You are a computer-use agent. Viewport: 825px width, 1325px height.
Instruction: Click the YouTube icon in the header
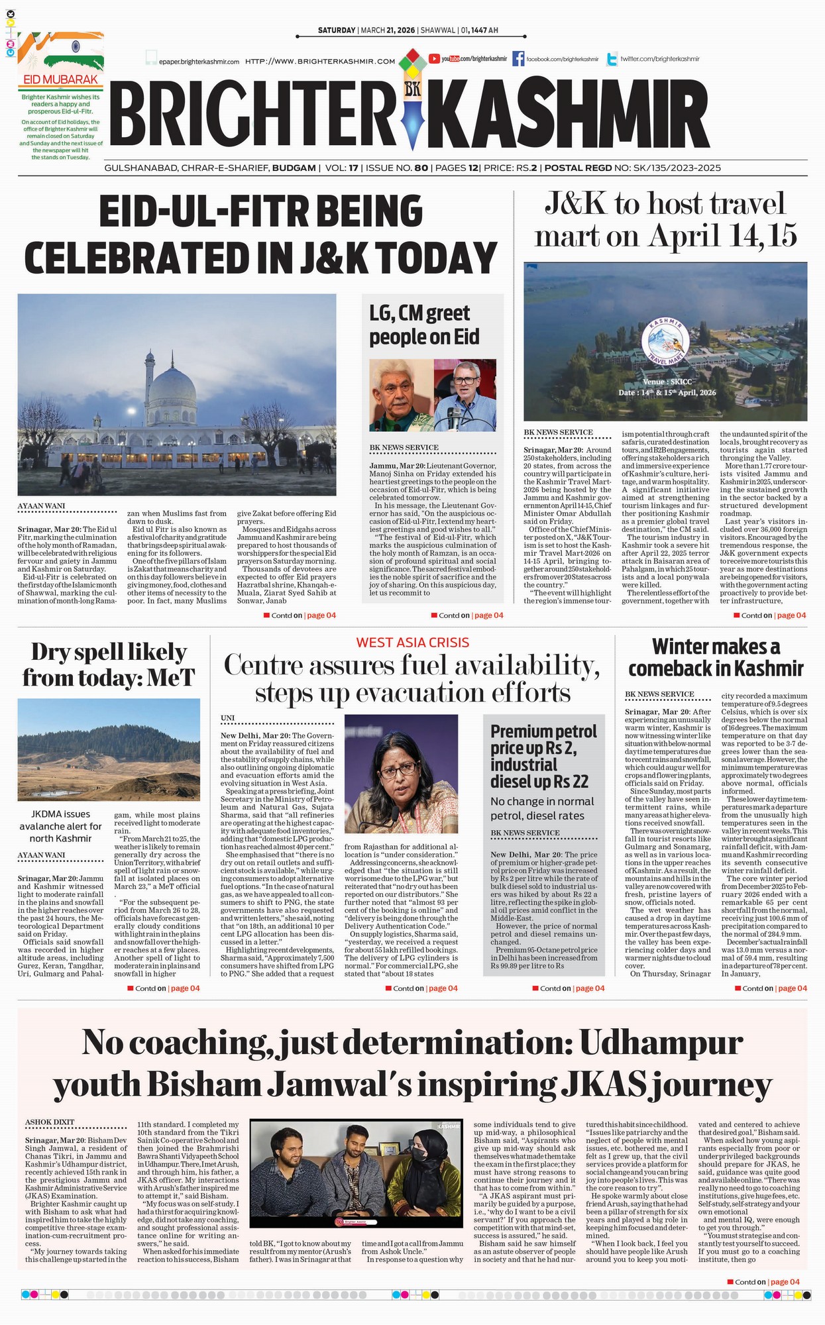[x=435, y=59]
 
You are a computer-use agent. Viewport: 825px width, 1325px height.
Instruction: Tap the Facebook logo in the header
[x=518, y=59]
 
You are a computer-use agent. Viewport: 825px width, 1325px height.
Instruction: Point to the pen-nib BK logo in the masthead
[x=412, y=99]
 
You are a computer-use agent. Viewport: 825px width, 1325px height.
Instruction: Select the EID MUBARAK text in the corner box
[x=60, y=79]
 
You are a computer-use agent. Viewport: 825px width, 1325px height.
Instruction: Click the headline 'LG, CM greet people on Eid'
[x=424, y=325]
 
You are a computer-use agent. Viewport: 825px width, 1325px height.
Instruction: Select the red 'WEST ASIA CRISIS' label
[x=412, y=642]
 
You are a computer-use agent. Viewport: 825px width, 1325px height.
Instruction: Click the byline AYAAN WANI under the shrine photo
[x=41, y=506]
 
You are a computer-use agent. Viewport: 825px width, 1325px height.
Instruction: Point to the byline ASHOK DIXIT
[x=50, y=1122]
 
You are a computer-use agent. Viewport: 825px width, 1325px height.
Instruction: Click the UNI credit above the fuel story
[x=227, y=718]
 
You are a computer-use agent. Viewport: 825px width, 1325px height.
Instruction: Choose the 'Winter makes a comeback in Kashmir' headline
[x=716, y=657]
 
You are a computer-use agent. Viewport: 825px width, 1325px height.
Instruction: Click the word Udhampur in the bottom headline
[x=660, y=1043]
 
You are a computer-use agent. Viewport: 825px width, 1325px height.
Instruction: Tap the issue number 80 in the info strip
[x=421, y=168]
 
